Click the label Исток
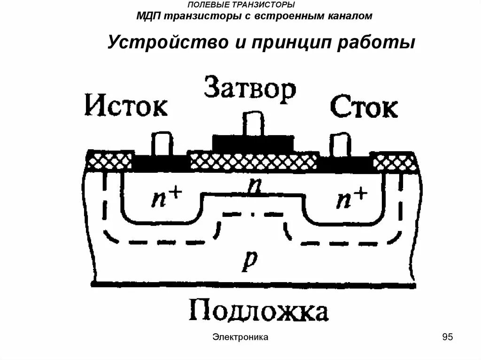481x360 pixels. click(126, 107)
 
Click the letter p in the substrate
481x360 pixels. click(248, 264)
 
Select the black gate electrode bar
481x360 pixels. click(254, 143)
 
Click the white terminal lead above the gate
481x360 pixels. click(254, 124)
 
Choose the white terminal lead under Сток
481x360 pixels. click(340, 145)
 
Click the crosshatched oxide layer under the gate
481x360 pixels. click(254, 161)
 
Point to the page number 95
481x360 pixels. click(447, 337)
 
